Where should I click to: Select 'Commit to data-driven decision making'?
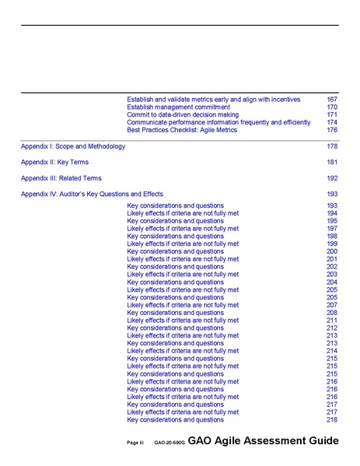[183, 115]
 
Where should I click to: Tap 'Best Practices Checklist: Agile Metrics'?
[182, 130]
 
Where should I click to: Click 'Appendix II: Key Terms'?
[54, 163]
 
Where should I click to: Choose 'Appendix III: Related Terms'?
[61, 178]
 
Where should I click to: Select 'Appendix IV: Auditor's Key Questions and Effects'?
[92, 194]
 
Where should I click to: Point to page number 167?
[332, 100]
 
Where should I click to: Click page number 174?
[332, 122]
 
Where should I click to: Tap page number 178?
[332, 146]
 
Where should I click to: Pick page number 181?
[332, 163]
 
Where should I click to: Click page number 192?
[332, 178]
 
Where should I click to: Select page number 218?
[332, 420]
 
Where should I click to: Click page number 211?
[332, 321]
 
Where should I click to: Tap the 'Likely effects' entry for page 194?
[183, 213]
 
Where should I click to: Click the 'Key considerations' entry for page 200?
[175, 251]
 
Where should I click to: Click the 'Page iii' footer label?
[136, 443]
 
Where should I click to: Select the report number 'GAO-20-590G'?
[169, 443]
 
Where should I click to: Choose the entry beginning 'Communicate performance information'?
[218, 122]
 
